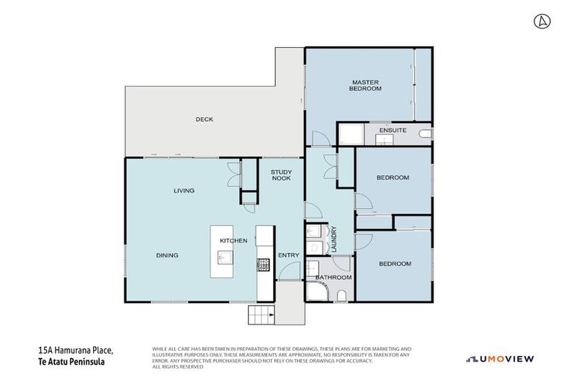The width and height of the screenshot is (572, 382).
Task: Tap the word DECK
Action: [204, 119]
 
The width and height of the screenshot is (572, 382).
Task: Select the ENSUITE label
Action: [393, 131]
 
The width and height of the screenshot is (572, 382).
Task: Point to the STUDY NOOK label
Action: [281, 175]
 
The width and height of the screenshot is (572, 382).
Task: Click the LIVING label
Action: [184, 190]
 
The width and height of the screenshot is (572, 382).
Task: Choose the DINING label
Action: [167, 255]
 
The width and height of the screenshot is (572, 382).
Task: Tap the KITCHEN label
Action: [233, 240]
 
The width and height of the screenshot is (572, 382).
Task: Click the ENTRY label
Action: [288, 255]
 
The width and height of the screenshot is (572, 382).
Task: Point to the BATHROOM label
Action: [333, 278]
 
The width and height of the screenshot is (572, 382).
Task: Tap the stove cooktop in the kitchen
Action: [263, 263]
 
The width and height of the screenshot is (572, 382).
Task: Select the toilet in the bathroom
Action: [341, 295]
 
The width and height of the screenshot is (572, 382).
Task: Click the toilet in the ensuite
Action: [425, 134]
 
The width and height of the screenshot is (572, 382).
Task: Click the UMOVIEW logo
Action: [500, 359]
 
